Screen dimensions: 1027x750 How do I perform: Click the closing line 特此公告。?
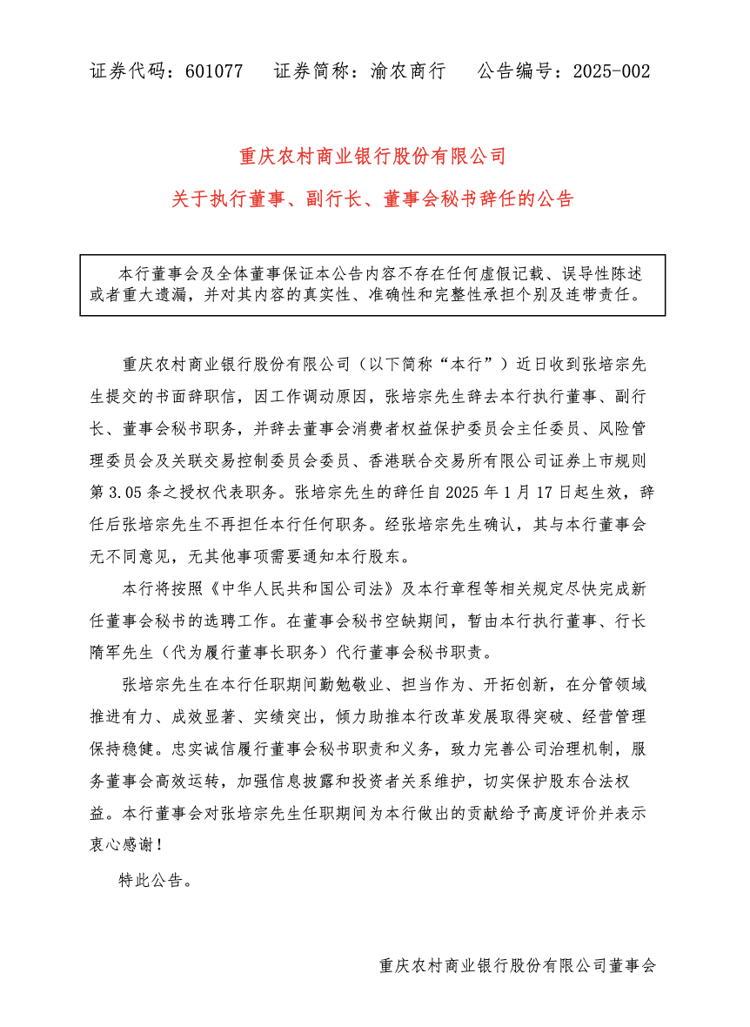click(x=153, y=880)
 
